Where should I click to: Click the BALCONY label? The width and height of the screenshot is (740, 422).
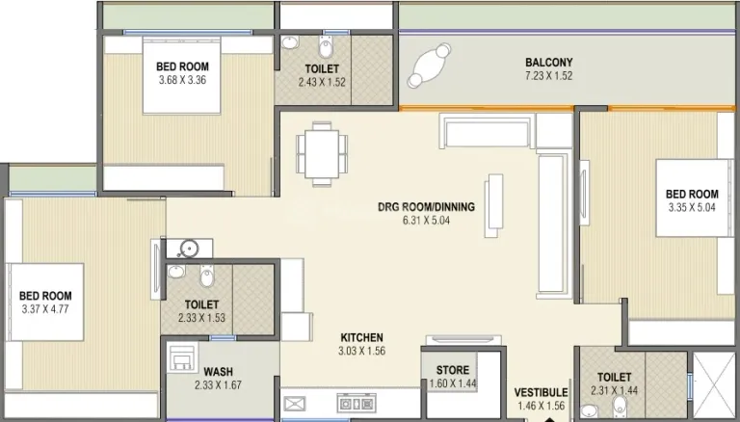(549, 63)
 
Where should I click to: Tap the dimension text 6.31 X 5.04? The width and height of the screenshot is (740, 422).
(426, 220)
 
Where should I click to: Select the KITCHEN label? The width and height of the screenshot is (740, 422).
(362, 337)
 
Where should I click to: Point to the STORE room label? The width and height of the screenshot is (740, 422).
(453, 370)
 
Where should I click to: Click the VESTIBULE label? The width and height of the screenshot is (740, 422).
(541, 393)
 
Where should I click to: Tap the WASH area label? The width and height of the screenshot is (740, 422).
(218, 372)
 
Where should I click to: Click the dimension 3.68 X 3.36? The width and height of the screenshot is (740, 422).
(182, 80)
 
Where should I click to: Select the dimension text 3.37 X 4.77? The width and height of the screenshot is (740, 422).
(45, 309)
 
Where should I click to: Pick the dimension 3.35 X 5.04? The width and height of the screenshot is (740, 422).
(692, 207)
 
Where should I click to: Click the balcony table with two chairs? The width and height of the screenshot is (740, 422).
(430, 66)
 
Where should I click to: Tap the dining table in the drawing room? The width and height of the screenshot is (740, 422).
(322, 153)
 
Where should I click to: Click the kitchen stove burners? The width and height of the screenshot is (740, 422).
(357, 404)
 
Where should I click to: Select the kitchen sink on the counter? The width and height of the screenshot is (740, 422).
(294, 404)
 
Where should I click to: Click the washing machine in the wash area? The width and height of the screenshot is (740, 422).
(182, 357)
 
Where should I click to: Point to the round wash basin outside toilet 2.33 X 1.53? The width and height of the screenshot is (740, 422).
(189, 249)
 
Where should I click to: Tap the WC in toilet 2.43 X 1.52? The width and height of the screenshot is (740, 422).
(326, 46)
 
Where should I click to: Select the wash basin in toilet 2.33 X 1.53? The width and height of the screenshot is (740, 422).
(176, 272)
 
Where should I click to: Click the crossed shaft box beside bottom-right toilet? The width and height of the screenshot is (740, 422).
(714, 384)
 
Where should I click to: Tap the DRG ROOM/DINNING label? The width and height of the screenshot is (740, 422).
(426, 207)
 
